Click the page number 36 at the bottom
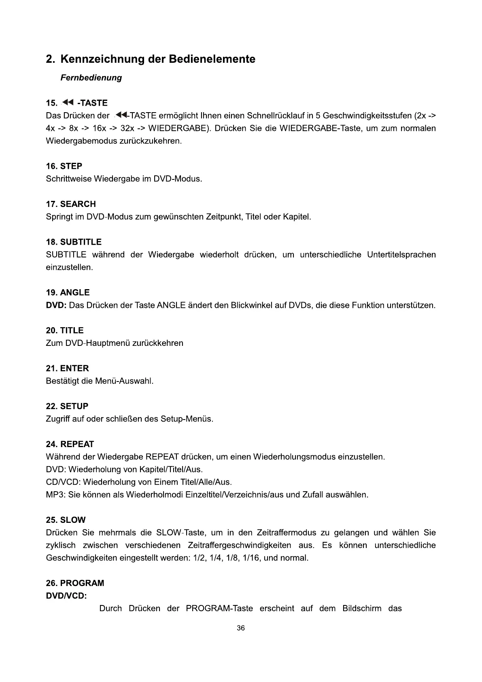point(241,628)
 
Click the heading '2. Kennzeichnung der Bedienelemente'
point(151,59)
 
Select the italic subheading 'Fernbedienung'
point(91,77)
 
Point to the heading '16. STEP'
point(64,166)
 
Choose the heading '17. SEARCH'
point(71,204)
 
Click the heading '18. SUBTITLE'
point(74,242)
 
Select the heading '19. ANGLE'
point(68,292)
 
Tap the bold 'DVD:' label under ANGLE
point(56,305)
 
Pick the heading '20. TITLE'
point(65,330)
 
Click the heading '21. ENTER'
point(67,368)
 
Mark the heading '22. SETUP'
point(67,406)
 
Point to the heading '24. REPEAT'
point(70,444)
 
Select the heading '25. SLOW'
point(66,520)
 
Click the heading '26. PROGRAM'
point(75,583)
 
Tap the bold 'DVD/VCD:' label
point(66,596)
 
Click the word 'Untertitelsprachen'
point(401,255)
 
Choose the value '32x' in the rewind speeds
point(127,128)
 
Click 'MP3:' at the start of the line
point(56,494)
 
